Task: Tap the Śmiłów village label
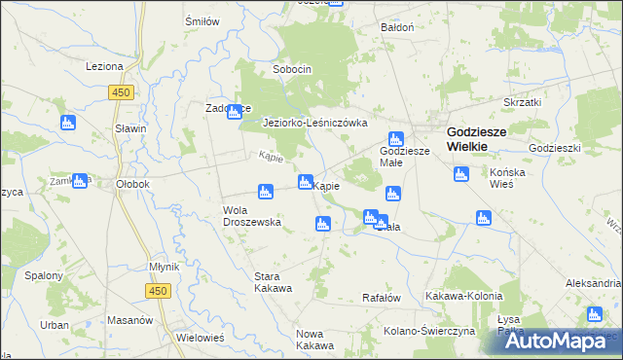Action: [202, 20]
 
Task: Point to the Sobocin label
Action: [292, 69]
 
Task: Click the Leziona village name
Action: [104, 66]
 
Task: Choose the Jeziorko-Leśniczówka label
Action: [315, 123]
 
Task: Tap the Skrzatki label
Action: [522, 101]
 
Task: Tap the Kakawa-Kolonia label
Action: [464, 295]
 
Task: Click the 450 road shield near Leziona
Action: [121, 92]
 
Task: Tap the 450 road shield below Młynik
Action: [159, 291]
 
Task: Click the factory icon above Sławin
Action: [68, 123]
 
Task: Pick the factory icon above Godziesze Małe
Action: [395, 139]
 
